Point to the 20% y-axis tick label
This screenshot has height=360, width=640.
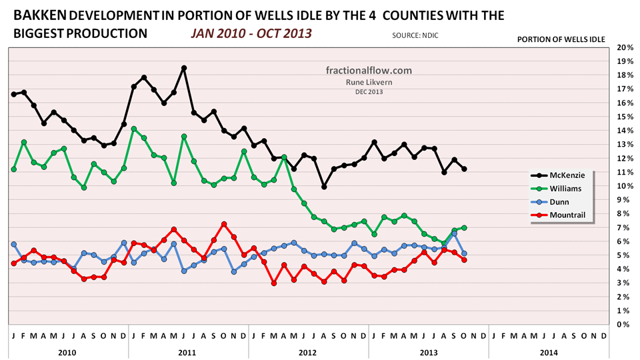(x=625, y=48)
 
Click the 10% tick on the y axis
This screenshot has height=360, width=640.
(x=625, y=186)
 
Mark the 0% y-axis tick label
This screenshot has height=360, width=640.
(x=626, y=325)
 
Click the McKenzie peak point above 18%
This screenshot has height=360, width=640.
(x=184, y=67)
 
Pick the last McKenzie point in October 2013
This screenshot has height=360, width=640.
(x=464, y=169)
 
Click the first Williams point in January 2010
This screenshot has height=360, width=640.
(x=14, y=169)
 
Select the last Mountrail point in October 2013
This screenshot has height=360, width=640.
(x=464, y=260)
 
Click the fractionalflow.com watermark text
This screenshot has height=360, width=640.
(x=369, y=71)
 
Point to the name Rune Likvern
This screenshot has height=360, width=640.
(x=369, y=82)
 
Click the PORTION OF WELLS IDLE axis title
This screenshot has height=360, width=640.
(x=561, y=40)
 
